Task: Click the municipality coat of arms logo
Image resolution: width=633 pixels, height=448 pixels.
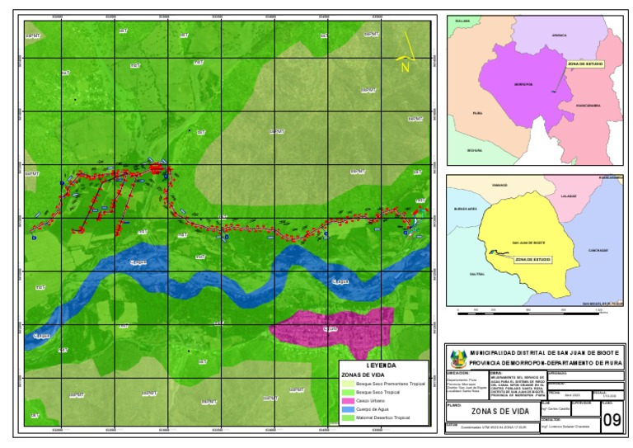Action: coord(457,359)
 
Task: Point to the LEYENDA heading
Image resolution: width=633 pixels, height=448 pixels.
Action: coord(381,365)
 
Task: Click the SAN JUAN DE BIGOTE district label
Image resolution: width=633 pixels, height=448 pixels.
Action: coord(527,243)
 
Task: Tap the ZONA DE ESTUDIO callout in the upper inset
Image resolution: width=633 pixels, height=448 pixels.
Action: coord(584,63)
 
